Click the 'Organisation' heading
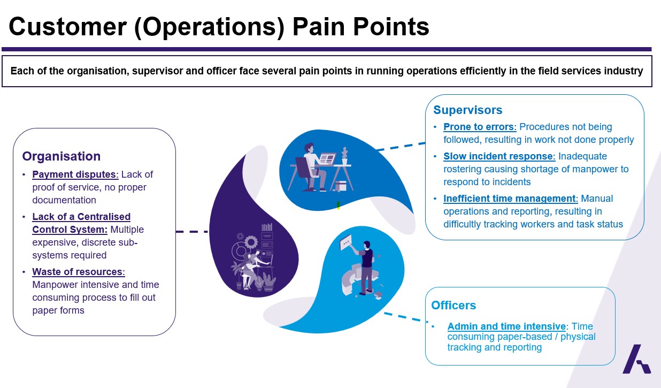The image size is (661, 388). (62, 156)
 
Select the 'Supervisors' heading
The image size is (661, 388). (468, 110)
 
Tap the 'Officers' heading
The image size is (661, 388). (454, 306)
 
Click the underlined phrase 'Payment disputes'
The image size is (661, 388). (75, 174)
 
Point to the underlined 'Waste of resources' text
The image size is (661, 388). (79, 272)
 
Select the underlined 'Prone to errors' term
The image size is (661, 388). (480, 127)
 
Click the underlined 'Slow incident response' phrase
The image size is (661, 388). (499, 156)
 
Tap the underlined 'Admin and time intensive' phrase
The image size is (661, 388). (506, 326)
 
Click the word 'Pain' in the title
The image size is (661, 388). (319, 27)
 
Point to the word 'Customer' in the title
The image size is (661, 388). (68, 27)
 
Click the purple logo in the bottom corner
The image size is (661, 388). (636, 359)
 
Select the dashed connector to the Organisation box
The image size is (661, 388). (192, 232)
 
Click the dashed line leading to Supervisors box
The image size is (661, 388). (401, 147)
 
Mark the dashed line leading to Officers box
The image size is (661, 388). (406, 317)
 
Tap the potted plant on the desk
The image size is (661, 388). (344, 156)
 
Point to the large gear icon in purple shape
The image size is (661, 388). (251, 242)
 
